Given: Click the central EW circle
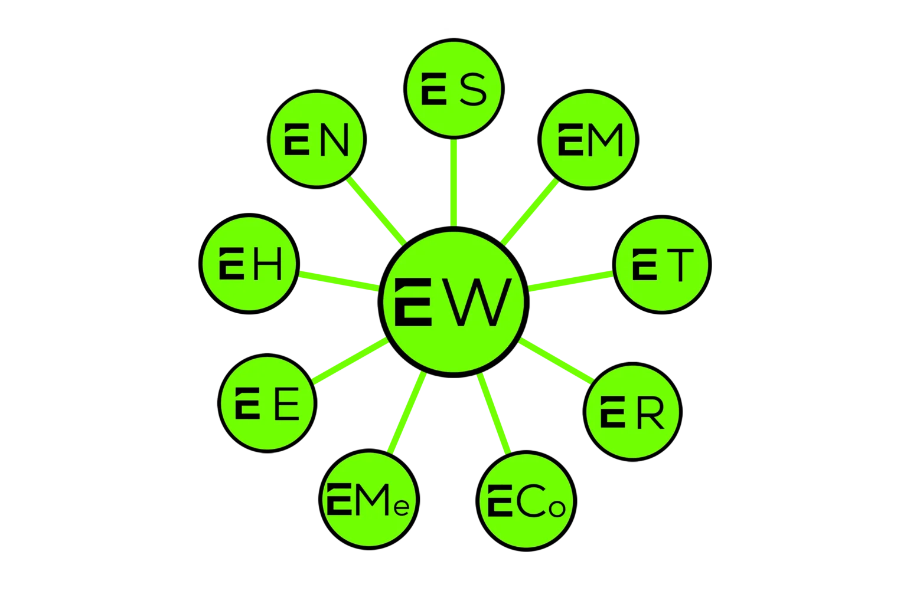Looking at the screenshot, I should pos(453,302).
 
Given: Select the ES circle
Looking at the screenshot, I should pos(455,88).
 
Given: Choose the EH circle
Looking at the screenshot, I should pos(249,264).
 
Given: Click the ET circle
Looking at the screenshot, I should pos(661,264).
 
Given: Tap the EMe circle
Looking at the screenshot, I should pos(370,500).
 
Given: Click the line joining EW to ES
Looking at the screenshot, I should pos(453,183).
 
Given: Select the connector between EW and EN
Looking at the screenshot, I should pos(376,211).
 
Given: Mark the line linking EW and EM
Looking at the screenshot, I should pos(530,211).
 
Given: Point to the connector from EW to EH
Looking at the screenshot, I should pos(338,280).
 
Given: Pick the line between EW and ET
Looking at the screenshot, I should pos(570,280).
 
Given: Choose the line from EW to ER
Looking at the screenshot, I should pos(556,360).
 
